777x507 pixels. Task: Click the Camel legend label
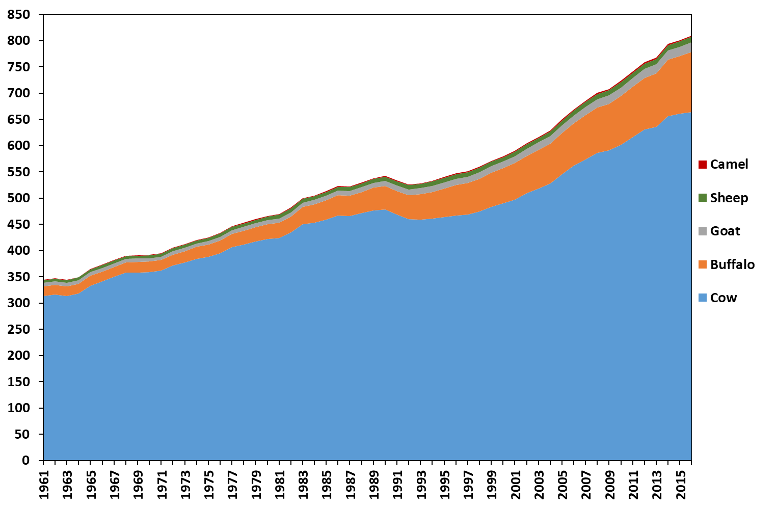729,165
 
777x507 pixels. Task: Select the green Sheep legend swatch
703,198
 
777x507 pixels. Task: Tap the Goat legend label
725,231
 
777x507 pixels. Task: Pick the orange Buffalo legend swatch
703,265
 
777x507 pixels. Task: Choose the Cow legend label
724,298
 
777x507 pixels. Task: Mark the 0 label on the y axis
26,461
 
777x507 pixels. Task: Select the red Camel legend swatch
703,165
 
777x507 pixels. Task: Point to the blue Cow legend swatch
703,298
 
